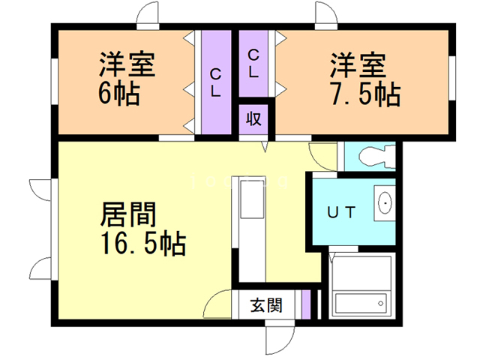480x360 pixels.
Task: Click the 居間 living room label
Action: click(128, 215)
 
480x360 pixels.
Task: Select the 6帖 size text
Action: click(118, 94)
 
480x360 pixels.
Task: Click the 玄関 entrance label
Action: click(266, 306)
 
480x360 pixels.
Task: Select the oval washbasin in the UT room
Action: click(385, 202)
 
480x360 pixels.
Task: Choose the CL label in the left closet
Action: click(215, 82)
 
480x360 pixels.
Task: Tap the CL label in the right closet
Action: click(253, 64)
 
